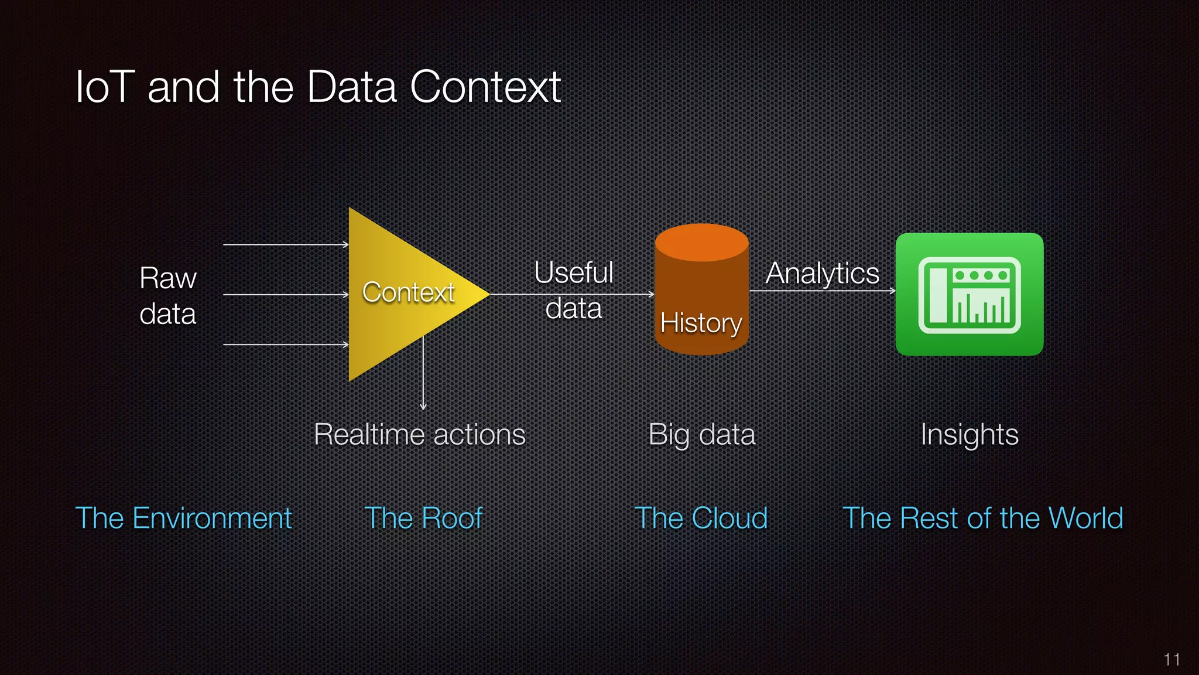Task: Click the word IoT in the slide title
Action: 105,87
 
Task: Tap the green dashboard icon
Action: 970,294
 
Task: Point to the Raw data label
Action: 168,296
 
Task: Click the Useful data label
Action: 574,290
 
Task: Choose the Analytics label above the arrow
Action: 822,273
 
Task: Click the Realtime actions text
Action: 420,435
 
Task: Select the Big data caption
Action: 702,435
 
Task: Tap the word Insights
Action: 970,435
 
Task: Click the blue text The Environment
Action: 183,519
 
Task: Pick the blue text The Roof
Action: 423,519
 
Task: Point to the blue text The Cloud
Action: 701,519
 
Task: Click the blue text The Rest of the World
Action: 983,519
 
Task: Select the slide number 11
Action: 1171,660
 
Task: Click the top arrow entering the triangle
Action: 286,244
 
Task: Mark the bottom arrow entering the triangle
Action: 286,345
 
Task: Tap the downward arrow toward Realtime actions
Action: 423,375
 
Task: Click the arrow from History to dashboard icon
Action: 822,291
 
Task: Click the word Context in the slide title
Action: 485,87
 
